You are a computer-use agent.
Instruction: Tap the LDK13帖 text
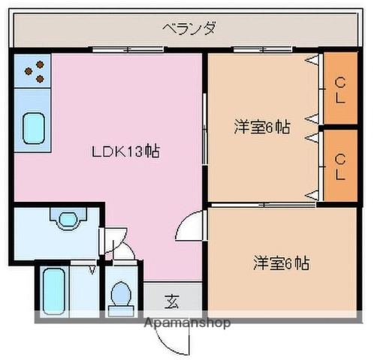pos(125,151)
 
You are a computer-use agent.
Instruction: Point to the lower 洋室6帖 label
pos(280,263)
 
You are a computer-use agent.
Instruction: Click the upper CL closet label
pos(339,89)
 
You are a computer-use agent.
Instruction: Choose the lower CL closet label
pos(339,166)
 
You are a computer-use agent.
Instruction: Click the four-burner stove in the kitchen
pos(33,72)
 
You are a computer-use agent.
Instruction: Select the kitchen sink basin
pos(33,127)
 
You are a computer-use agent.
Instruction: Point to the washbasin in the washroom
pos(67,219)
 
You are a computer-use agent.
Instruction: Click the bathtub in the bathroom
pos(53,290)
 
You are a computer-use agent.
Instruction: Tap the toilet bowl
pos(119,295)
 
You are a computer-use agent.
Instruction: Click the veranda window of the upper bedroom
pos(252,49)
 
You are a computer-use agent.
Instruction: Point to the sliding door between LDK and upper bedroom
pos(205,135)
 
